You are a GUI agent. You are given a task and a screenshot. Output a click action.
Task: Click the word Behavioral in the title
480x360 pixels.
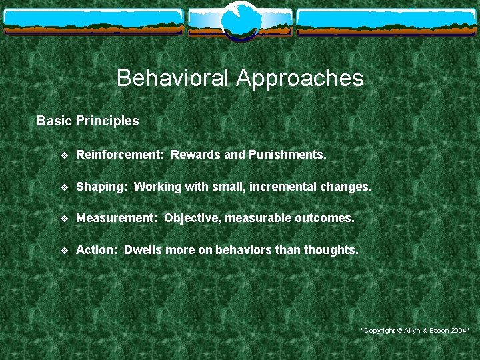click(173, 79)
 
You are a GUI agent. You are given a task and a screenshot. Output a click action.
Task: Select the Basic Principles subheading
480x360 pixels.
click(87, 121)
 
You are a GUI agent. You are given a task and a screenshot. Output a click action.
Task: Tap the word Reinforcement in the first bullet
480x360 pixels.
click(120, 155)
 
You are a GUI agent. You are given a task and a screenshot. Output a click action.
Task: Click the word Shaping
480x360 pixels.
click(101, 187)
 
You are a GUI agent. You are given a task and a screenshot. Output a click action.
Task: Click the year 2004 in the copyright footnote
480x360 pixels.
click(458, 331)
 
